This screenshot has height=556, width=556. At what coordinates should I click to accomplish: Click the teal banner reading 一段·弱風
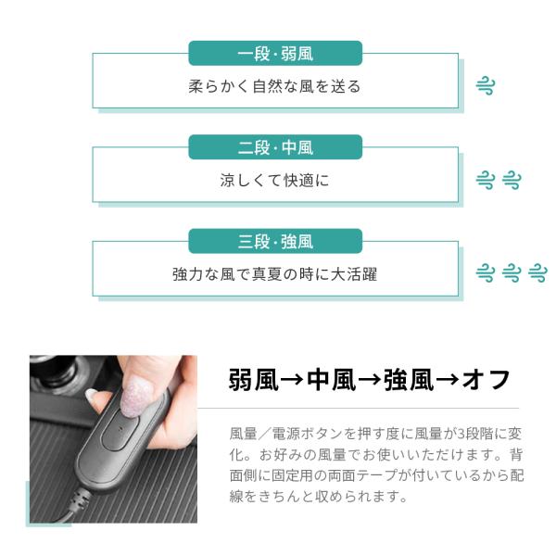[x=275, y=53]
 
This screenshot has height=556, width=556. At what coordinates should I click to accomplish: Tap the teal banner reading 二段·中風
[x=275, y=147]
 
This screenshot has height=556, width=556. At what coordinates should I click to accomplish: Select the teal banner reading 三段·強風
[x=275, y=241]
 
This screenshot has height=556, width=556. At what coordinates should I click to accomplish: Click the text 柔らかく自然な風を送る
[x=274, y=86]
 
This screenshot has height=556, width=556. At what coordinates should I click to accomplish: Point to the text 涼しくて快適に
[x=274, y=180]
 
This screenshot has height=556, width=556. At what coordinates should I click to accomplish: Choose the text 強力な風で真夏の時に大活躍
[x=274, y=274]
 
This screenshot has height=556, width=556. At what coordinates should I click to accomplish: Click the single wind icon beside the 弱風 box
[x=485, y=86]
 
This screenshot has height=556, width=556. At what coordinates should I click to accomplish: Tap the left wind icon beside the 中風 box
[x=485, y=180]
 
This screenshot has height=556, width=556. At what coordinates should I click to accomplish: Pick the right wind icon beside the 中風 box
[x=512, y=180]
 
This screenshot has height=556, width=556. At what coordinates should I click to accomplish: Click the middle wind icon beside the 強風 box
[x=512, y=272]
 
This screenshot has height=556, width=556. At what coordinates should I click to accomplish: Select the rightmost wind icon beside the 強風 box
[x=537, y=272]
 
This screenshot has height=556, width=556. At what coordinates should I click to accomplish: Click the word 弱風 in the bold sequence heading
[x=253, y=380]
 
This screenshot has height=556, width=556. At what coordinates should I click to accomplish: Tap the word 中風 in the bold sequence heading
[x=331, y=380]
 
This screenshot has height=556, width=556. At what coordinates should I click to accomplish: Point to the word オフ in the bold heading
[x=486, y=380]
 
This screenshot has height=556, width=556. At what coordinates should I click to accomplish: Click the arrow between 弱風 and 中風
[x=292, y=380]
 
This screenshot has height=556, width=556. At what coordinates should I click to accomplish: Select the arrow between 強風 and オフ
[x=448, y=380]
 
